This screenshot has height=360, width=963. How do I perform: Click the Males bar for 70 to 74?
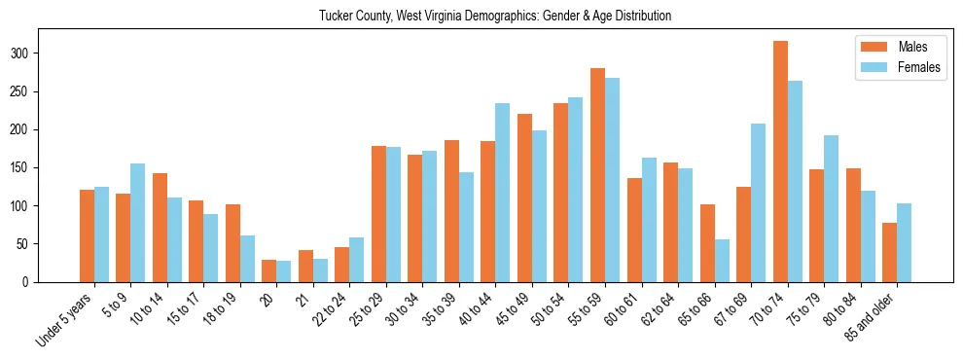[780, 162]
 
